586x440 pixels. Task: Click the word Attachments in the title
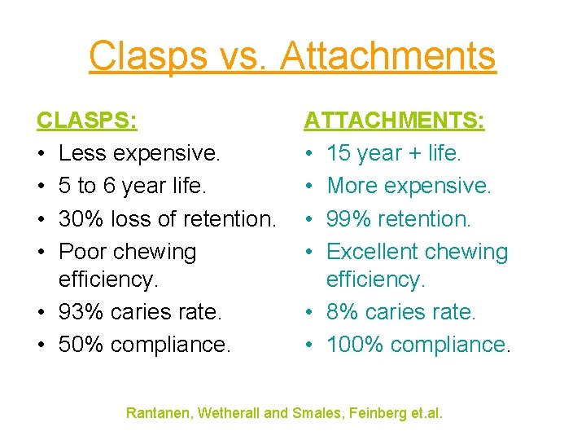tap(387, 56)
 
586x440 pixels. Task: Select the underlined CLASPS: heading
tap(87, 121)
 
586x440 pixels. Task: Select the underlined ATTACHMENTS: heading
tap(395, 121)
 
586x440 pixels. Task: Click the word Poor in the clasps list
tap(82, 252)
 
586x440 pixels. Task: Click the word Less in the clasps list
tap(81, 153)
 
